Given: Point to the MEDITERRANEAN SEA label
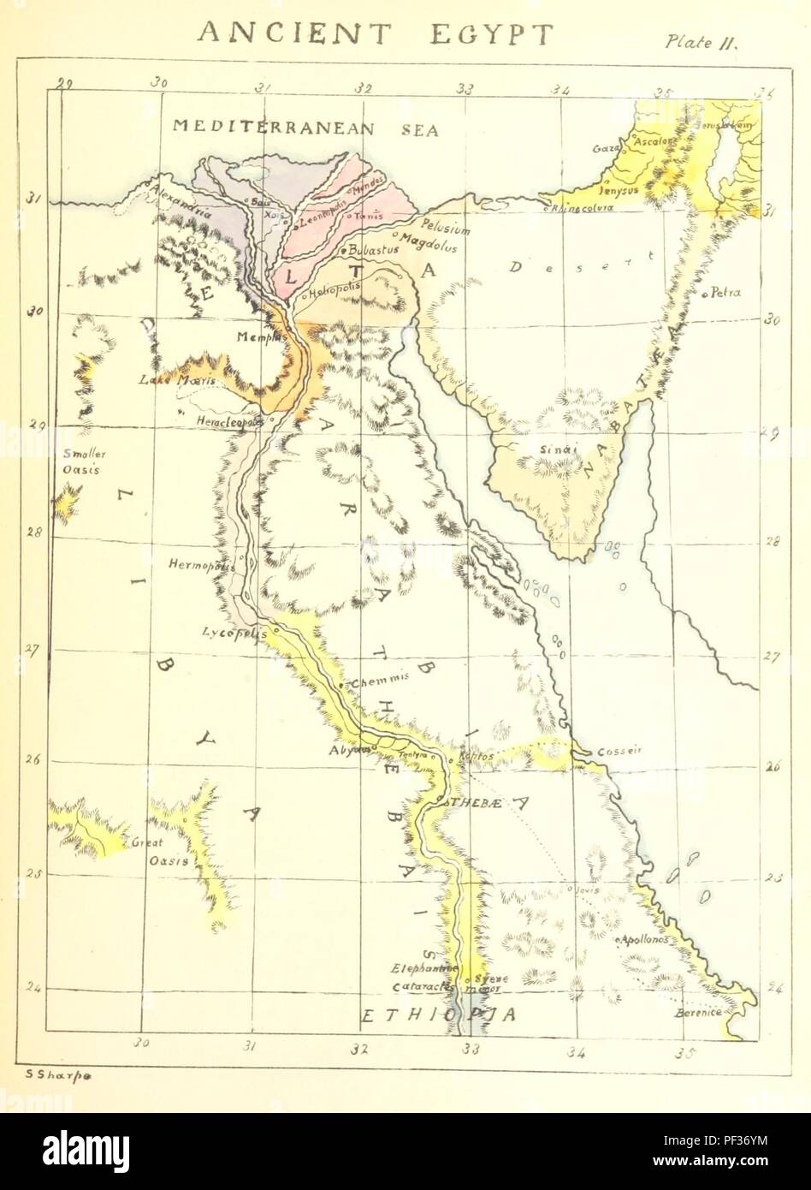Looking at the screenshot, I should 305,128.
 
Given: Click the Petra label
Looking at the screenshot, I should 723,293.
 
